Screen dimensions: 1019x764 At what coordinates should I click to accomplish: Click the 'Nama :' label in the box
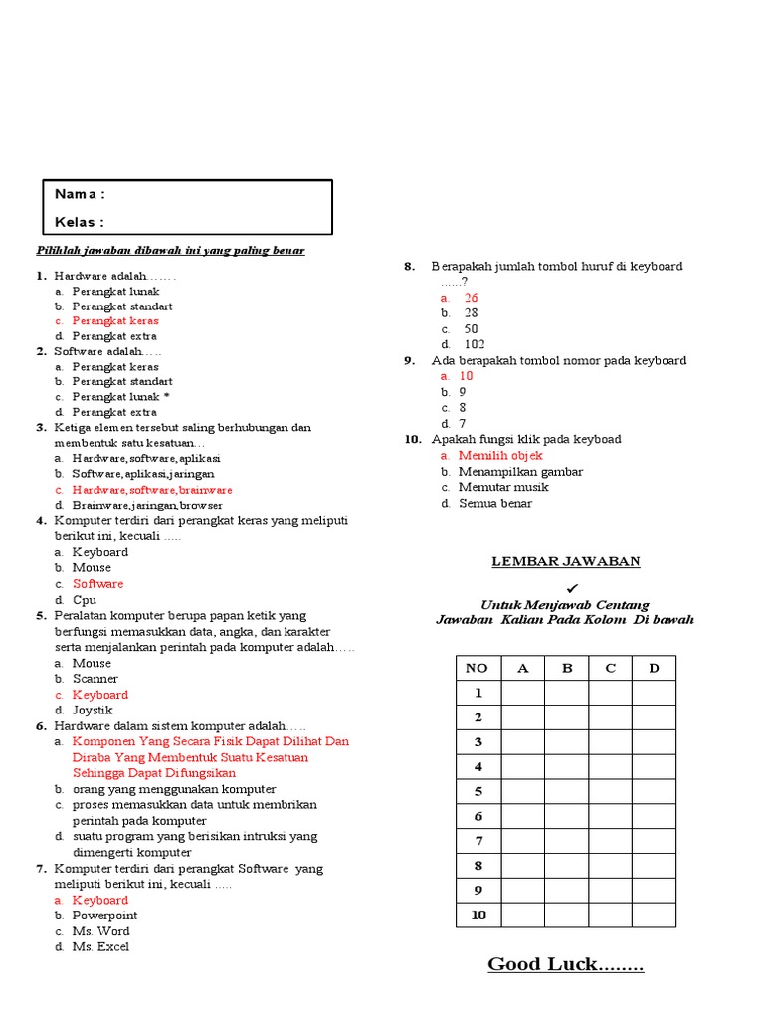80,194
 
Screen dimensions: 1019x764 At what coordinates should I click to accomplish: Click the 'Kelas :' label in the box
80,222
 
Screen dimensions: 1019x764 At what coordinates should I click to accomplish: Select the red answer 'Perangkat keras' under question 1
114,321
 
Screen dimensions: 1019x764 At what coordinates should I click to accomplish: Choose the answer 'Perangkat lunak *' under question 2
120,396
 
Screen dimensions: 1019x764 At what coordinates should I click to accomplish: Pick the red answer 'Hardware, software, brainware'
152,490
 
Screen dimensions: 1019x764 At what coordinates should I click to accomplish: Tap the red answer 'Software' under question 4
97,584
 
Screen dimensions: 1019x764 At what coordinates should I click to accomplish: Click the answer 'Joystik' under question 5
93,711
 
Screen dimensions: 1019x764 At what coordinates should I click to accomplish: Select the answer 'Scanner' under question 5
95,679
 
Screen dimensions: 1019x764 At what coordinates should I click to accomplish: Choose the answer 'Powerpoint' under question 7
104,916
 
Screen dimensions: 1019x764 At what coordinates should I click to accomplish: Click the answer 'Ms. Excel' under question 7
100,947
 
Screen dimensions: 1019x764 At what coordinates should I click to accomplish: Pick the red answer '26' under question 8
471,298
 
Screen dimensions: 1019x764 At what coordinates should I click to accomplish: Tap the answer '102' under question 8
475,344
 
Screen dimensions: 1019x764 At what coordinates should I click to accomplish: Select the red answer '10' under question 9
466,376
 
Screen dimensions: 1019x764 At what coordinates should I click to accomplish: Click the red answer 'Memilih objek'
500,455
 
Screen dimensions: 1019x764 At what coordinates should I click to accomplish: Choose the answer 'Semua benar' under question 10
495,503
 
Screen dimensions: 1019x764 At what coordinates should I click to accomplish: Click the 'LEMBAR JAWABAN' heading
566,562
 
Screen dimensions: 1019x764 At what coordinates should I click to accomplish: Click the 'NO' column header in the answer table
477,668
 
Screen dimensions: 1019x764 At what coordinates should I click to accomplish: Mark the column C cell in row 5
610,792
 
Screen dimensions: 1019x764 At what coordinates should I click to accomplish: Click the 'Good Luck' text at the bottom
565,964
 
